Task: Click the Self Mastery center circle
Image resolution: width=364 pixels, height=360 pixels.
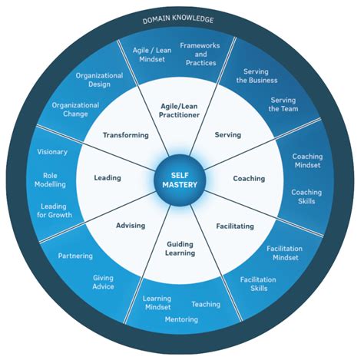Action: pos(181,179)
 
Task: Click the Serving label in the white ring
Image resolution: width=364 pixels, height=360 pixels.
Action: pos(228,135)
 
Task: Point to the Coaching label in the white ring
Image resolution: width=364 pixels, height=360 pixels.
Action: pos(249,179)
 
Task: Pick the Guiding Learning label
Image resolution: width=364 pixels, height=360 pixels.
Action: pos(180,249)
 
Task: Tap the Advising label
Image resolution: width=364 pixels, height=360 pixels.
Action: pos(130,226)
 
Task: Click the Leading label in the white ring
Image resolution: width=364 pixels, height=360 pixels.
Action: pos(108,178)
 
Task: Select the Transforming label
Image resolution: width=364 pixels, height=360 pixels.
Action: pos(125,135)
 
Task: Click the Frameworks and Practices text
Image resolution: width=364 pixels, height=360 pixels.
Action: pos(200,54)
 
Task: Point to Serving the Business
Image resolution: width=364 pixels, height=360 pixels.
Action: pos(256,75)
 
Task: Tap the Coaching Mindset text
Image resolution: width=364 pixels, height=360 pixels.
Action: pos(307,161)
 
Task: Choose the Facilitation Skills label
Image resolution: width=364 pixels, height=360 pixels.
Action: pos(258,285)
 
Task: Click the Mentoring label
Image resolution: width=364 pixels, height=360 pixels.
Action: pos(181,319)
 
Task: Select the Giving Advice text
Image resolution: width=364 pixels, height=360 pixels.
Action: pos(103,282)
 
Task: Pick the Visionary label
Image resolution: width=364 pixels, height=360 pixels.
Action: pos(52,151)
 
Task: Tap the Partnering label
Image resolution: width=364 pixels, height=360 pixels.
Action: pos(75,256)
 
